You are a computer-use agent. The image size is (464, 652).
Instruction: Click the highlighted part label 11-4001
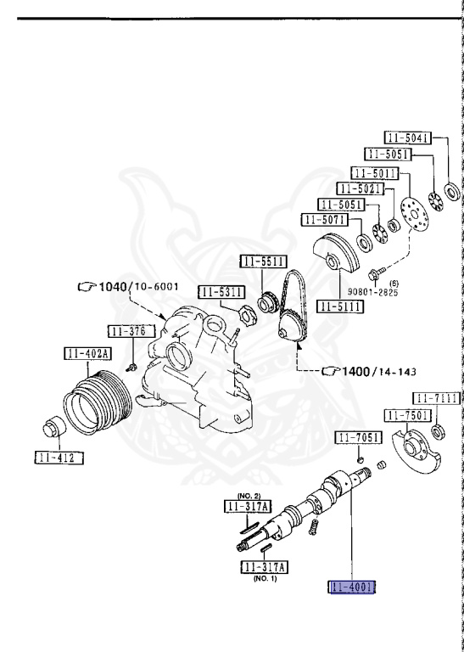(x=352, y=587)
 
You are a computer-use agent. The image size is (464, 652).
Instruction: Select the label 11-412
(x=59, y=458)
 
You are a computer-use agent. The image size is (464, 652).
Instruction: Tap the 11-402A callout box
(x=87, y=354)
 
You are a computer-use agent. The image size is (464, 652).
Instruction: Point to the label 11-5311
(x=221, y=292)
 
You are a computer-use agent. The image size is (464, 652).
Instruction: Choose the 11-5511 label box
(x=263, y=261)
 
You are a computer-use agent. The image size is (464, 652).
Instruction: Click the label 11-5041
(x=407, y=138)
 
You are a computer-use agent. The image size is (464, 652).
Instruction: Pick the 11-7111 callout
(x=437, y=398)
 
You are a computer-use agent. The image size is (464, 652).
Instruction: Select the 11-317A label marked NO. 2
(x=248, y=507)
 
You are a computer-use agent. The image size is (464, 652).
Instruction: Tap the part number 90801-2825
(x=372, y=292)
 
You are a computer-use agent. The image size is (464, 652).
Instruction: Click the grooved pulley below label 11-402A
(x=98, y=402)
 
